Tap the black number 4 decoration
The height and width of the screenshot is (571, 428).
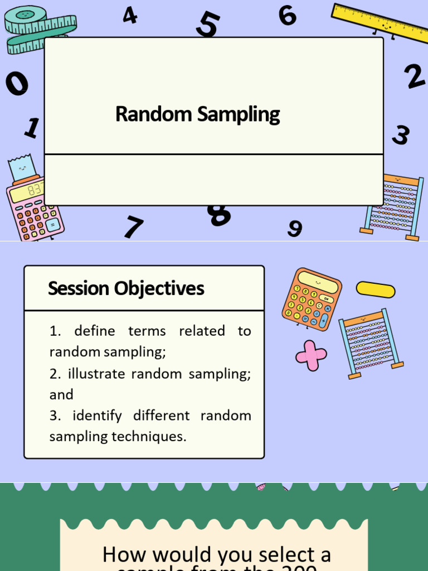pos(130,15)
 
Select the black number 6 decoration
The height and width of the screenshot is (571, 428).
pos(288,15)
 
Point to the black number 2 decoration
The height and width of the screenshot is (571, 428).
pos(415,76)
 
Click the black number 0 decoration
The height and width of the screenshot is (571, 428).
pos(17,84)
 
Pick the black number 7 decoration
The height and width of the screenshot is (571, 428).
pos(133,227)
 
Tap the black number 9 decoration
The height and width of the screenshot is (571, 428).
pos(295,228)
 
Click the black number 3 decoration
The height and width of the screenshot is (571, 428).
pos(400,135)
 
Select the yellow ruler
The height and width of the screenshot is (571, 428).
pos(379,23)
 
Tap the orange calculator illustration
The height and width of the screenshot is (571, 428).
pos(311,299)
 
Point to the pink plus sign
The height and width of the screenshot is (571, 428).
pos(311,355)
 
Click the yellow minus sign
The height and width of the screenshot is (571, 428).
pos(375,289)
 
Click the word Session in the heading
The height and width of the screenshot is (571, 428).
pos(79,288)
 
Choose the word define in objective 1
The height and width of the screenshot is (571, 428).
pos(95,331)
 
